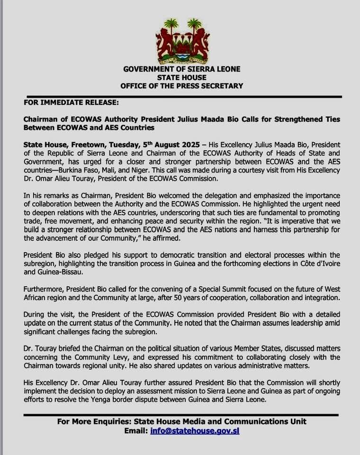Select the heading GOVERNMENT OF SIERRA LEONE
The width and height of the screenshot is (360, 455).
click(x=181, y=69)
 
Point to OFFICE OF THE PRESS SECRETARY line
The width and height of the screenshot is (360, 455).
click(x=181, y=86)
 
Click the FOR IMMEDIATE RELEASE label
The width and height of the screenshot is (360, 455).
click(x=65, y=102)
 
